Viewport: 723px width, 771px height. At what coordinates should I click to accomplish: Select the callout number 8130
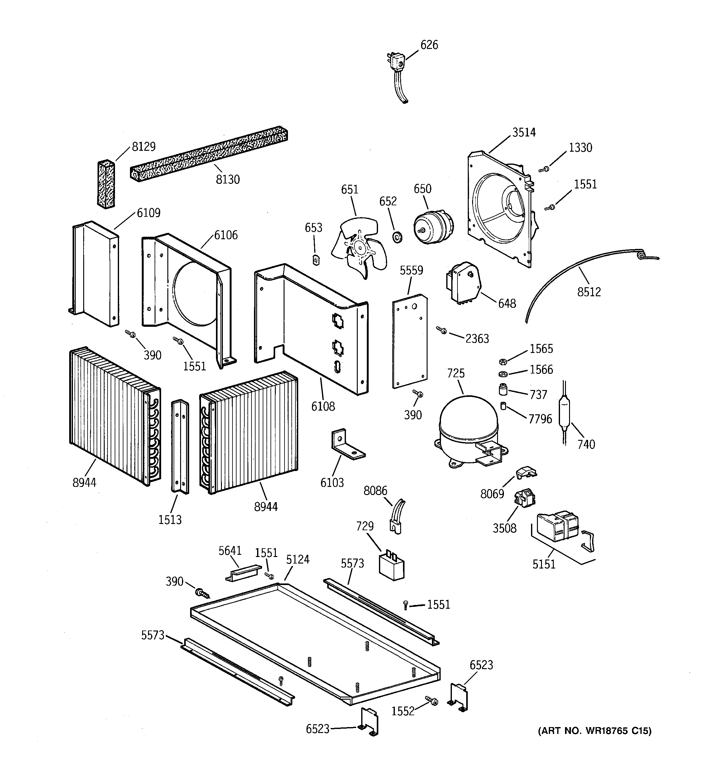tap(228, 179)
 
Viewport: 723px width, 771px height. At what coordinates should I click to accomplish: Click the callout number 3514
tap(524, 133)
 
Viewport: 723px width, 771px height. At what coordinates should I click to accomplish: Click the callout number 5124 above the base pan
tap(298, 559)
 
